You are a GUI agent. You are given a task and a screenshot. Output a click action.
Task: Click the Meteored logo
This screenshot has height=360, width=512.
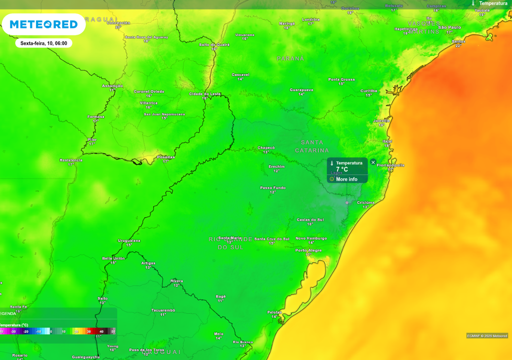coord(43,24)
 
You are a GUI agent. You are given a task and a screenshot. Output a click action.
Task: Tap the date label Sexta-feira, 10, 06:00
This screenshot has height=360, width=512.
coord(43,43)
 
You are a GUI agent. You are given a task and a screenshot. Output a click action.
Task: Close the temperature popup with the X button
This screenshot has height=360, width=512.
coord(373,162)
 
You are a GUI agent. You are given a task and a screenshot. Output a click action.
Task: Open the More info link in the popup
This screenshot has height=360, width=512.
coord(346,179)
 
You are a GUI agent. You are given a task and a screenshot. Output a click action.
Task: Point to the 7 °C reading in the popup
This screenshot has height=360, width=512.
coord(342,169)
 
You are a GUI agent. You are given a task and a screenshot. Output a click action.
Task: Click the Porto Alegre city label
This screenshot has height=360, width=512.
coord(308,250)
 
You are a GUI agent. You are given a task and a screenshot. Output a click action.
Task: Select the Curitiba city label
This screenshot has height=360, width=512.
coord(369,90)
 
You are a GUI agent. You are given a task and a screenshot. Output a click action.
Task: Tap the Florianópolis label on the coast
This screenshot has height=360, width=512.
coord(390,165)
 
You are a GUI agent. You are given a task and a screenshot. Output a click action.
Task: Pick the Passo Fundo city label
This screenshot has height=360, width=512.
coord(272,187)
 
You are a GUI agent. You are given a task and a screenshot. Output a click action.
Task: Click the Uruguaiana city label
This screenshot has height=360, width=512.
coord(129,240)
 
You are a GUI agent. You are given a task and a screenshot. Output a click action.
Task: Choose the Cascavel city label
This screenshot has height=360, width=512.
coord(240,74)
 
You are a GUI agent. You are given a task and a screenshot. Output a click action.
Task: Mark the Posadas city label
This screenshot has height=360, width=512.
coord(165,157)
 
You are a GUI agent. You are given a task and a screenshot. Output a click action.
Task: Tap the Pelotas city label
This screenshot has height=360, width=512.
coord(274,312)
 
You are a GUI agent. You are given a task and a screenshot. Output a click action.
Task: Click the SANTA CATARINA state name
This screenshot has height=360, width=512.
coord(312,146)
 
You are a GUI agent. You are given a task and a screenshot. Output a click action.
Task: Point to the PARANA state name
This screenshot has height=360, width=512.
coord(290,58)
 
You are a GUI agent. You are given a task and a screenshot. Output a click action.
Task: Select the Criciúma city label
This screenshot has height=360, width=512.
coord(365,202)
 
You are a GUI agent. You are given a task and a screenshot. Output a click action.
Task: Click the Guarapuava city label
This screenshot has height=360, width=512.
coord(301,89)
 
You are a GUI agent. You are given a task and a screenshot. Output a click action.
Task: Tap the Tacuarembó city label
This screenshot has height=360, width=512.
coord(163,310)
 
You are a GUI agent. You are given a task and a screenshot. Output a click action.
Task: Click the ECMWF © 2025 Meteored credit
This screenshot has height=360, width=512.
coord(487,335)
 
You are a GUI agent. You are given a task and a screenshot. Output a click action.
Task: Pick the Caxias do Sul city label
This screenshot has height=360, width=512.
coord(310,219)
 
